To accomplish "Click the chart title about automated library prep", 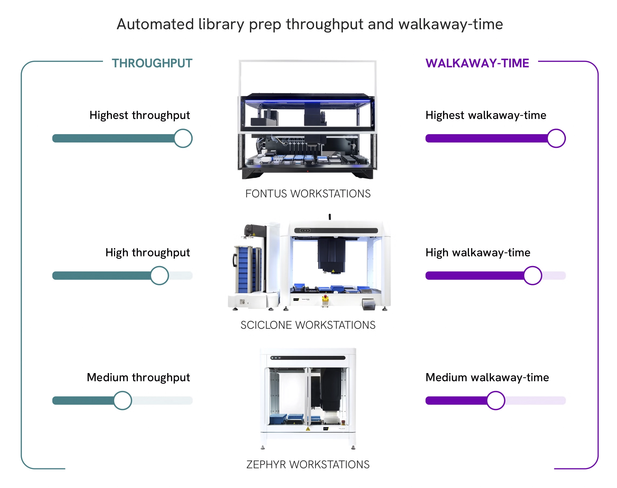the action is click(x=310, y=24).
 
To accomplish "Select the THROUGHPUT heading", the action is click(x=152, y=63).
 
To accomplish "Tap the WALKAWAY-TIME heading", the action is click(x=477, y=63).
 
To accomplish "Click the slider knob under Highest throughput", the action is click(x=183, y=138).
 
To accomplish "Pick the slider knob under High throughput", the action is click(x=160, y=275).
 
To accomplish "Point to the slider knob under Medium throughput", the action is click(x=122, y=400).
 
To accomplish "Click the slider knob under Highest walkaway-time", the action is click(x=556, y=138).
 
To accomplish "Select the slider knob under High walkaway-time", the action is click(x=533, y=275).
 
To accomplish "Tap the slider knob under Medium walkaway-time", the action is click(x=496, y=400).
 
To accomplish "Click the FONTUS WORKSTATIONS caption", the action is click(x=308, y=194).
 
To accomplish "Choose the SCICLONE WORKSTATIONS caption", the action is click(x=308, y=325).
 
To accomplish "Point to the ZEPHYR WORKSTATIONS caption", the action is click(x=308, y=464).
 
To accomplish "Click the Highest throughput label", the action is click(x=140, y=115).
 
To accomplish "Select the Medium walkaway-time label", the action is click(x=487, y=378).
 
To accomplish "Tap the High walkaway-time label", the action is click(x=478, y=253).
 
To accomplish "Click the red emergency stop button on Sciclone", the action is click(x=325, y=296).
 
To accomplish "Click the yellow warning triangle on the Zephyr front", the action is click(x=308, y=429).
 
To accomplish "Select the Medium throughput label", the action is click(x=138, y=378).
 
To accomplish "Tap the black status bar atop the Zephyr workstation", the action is click(x=308, y=358).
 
